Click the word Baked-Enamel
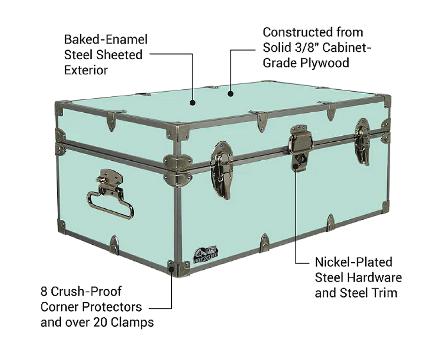(x=105, y=40)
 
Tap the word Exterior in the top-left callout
(x=86, y=70)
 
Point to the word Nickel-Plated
(x=353, y=262)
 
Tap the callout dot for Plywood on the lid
(x=230, y=93)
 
